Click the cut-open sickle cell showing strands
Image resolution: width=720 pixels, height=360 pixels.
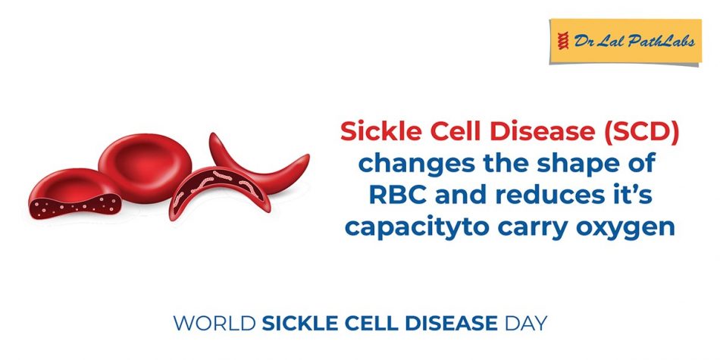coord(213,196)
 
